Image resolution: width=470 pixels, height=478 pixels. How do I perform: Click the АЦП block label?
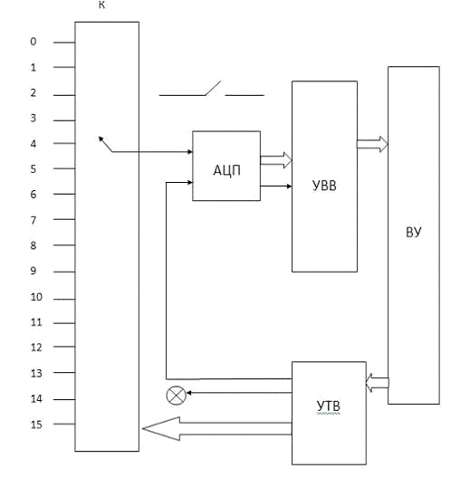click(x=226, y=170)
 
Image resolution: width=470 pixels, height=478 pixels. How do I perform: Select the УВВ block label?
click(x=324, y=186)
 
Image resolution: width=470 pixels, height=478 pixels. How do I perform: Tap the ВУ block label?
click(x=413, y=233)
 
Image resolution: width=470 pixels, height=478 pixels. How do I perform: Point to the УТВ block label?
click(x=328, y=406)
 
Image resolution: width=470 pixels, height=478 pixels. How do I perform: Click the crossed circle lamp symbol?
click(x=176, y=396)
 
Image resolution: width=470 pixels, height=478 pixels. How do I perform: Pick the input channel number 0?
click(x=34, y=42)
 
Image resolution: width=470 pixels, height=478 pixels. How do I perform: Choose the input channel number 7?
click(x=34, y=220)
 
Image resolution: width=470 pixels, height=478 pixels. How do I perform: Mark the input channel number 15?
click(x=36, y=425)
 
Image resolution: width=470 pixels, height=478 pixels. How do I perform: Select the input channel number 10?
click(x=36, y=297)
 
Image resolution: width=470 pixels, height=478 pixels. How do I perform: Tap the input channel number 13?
click(x=36, y=373)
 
